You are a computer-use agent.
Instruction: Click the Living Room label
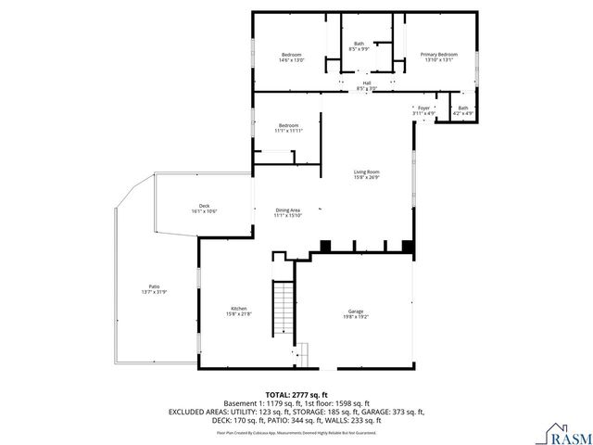tap(366, 172)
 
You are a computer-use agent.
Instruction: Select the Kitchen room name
tap(238, 309)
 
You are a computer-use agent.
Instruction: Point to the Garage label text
tap(357, 311)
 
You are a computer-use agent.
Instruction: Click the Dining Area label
tap(288, 210)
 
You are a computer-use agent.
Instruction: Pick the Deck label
tap(204, 206)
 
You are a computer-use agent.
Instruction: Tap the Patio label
tap(154, 286)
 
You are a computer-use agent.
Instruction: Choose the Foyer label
tap(423, 108)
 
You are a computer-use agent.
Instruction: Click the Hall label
tap(367, 83)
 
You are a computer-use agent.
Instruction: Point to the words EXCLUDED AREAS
tap(199, 411)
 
